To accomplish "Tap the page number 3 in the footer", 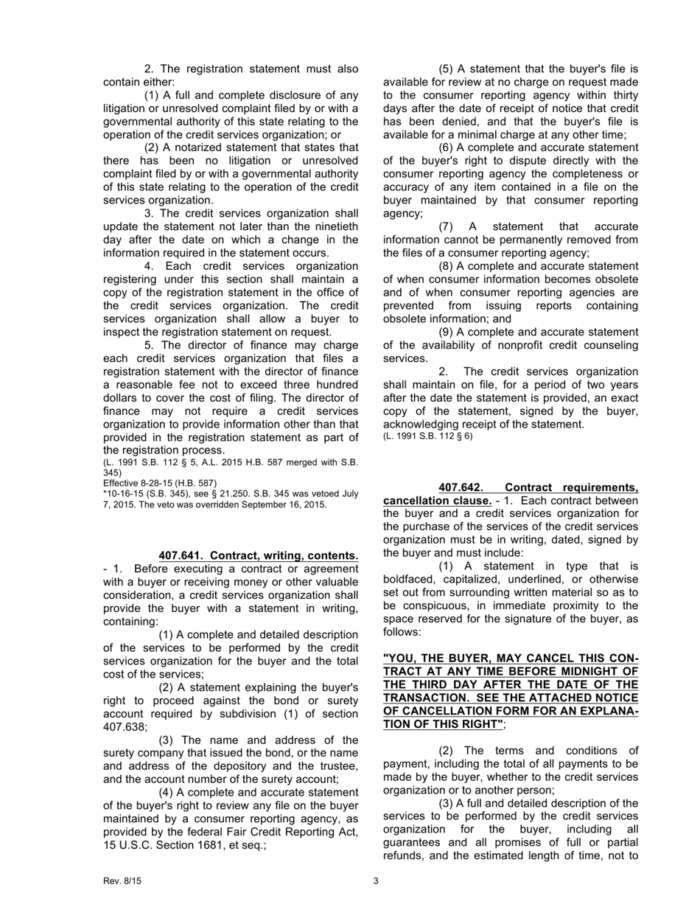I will click(376, 880).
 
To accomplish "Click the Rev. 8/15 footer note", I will click(119, 880).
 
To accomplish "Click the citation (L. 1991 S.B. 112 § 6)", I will click(428, 436).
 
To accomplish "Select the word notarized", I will click(214, 147).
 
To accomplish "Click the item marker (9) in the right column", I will click(447, 332).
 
